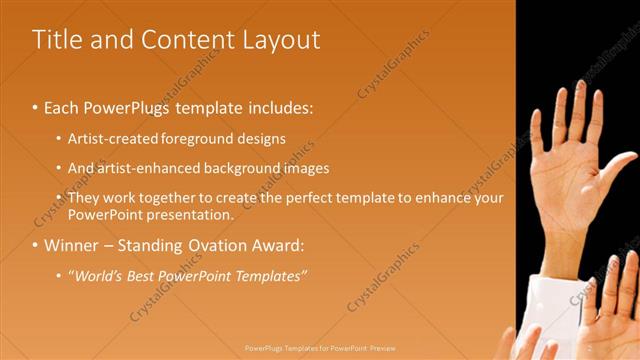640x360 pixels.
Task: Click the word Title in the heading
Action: point(57,40)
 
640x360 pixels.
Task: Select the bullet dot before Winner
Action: point(35,246)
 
